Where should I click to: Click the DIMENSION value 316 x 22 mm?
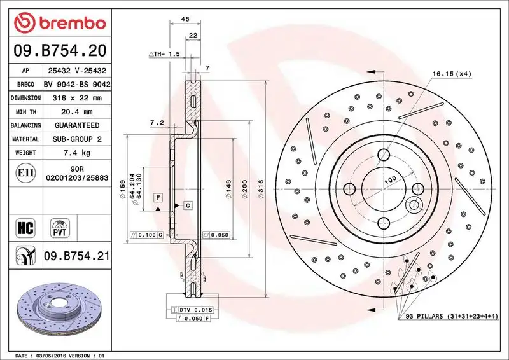[78, 98]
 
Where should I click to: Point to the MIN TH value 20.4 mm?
[78, 112]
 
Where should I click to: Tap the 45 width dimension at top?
[185, 20]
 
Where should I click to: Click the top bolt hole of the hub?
[384, 155]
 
